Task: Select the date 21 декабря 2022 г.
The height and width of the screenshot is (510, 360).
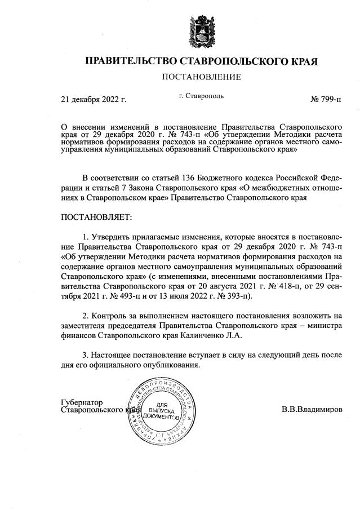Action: (x=94, y=100)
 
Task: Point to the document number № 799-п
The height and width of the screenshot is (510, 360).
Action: (x=326, y=100)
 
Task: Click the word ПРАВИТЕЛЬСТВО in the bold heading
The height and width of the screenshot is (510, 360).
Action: (x=131, y=60)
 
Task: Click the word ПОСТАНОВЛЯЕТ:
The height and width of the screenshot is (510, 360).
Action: (x=96, y=216)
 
